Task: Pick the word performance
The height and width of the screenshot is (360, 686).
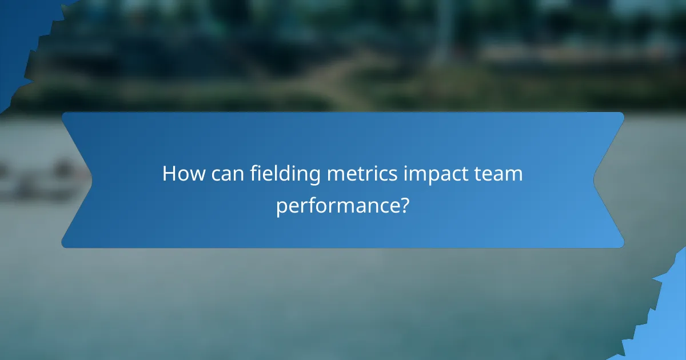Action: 336,205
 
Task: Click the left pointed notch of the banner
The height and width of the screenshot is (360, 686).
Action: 91,180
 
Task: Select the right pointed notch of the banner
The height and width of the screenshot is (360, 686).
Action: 595,180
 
